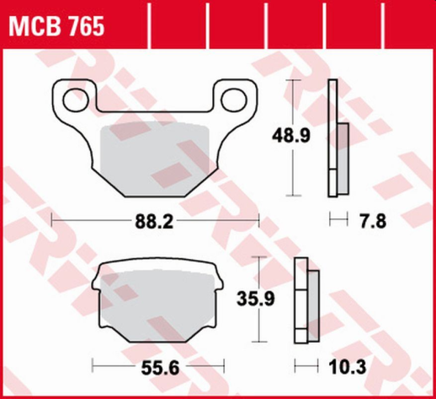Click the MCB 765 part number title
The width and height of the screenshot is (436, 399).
pyautogui.click(x=57, y=27)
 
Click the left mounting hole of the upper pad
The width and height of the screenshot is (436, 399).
pyautogui.click(x=72, y=96)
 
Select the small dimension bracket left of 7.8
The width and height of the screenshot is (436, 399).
pyautogui.click(x=337, y=221)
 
